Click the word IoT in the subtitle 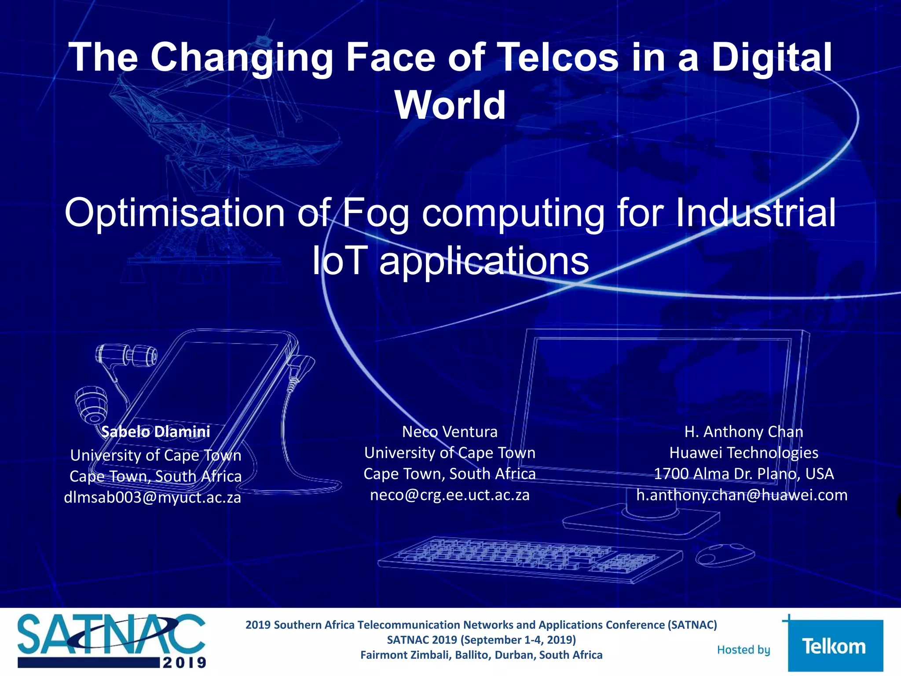(x=339, y=261)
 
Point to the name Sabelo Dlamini (x=155, y=431)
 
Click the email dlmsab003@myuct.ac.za (x=153, y=497)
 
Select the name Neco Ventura (x=450, y=431)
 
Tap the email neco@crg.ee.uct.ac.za (x=450, y=495)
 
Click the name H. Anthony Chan (x=744, y=431)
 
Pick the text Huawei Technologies (x=744, y=452)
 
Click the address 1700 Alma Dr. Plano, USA (x=744, y=474)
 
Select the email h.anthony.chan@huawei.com (x=742, y=495)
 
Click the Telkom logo (x=835, y=646)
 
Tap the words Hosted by (x=744, y=650)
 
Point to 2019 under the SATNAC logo (x=184, y=662)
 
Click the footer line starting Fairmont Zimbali (x=481, y=655)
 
